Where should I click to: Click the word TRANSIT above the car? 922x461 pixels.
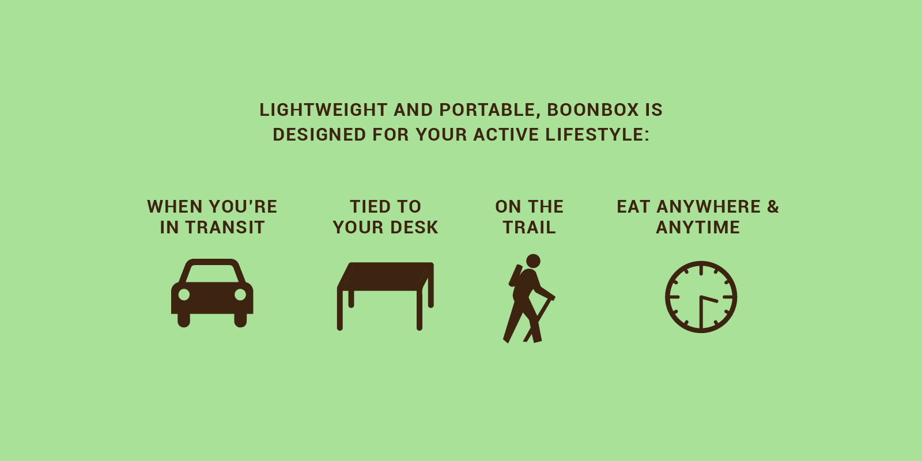[225, 228]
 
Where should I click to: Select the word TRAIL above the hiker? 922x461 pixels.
[530, 228]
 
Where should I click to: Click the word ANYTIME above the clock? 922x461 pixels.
[698, 228]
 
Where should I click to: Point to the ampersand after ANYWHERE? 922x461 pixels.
[773, 206]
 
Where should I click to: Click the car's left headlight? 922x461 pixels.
[184, 294]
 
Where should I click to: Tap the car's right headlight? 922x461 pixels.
[240, 294]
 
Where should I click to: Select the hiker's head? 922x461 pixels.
[534, 261]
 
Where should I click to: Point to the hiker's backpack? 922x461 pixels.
[515, 275]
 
